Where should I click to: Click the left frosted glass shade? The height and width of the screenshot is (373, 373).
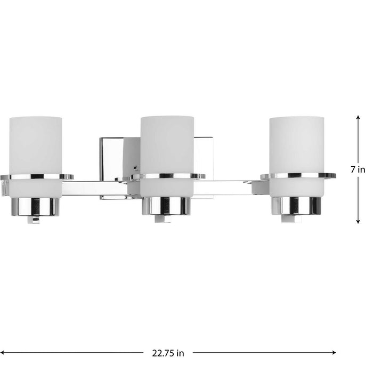36,144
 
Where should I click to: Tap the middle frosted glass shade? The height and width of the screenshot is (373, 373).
166,144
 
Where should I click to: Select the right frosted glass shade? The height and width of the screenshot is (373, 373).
296,144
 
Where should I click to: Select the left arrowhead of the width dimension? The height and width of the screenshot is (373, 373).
4,352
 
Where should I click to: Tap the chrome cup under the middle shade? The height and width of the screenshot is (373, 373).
166,206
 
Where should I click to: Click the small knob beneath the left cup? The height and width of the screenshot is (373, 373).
36,218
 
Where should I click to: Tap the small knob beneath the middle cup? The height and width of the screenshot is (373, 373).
166,218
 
